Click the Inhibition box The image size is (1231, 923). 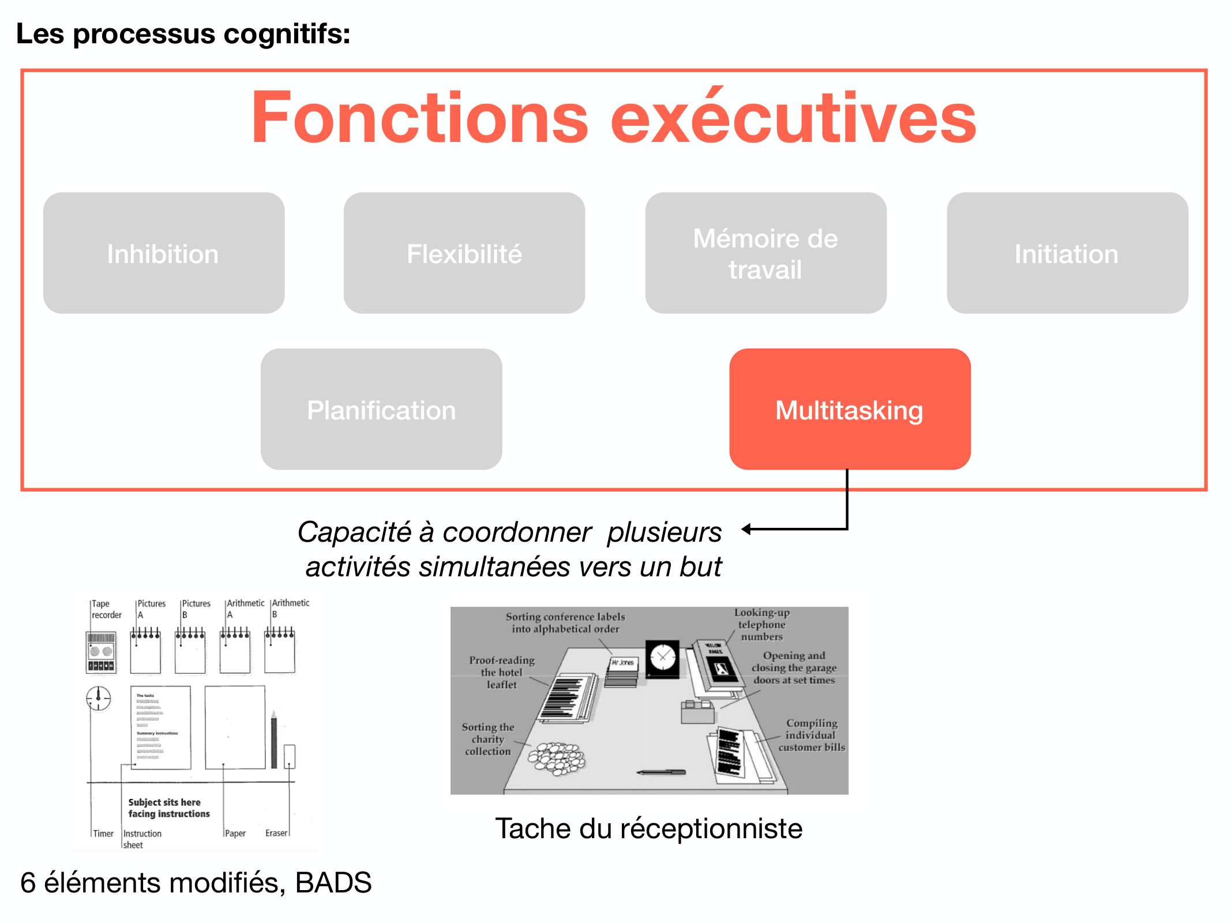click(x=164, y=253)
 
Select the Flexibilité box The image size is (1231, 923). click(x=464, y=253)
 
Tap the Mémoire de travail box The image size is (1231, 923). click(x=765, y=253)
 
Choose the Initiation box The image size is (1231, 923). click(x=1067, y=253)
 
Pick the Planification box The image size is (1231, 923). click(x=381, y=409)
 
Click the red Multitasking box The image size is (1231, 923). click(x=850, y=409)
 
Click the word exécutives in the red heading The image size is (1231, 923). click(x=793, y=118)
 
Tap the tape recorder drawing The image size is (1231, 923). click(x=101, y=652)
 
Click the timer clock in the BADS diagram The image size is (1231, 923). click(x=99, y=698)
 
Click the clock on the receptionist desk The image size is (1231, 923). click(x=663, y=657)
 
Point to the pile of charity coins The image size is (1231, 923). click(x=557, y=756)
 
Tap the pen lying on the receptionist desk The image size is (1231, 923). click(x=662, y=772)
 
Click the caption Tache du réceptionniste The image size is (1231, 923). click(x=648, y=828)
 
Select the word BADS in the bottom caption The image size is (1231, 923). click(x=333, y=883)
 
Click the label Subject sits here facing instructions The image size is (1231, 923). click(x=168, y=808)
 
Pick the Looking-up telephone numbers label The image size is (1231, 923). click(x=762, y=625)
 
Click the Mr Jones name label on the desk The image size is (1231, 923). click(x=623, y=663)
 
